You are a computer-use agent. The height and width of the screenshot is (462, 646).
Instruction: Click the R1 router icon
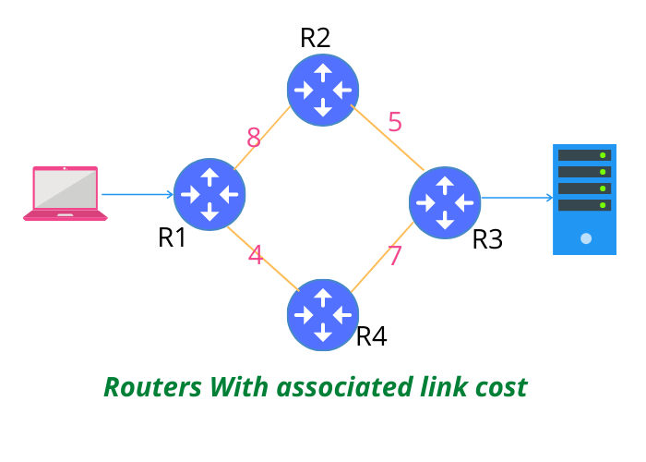[209, 194]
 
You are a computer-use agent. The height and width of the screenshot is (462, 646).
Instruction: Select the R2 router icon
[322, 90]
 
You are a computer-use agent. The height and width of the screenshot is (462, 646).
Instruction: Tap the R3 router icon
[446, 202]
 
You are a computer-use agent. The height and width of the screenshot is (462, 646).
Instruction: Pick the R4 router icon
[322, 315]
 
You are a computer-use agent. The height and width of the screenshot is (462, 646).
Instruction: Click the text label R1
[173, 238]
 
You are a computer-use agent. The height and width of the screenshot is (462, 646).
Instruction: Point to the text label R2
[316, 38]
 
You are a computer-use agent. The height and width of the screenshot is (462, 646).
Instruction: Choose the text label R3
[487, 240]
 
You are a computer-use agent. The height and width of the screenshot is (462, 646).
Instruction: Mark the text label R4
[371, 337]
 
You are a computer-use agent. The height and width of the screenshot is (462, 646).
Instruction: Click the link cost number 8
[254, 139]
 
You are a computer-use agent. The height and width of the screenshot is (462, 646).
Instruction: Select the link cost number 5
[395, 122]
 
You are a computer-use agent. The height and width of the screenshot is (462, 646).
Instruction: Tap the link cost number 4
[256, 255]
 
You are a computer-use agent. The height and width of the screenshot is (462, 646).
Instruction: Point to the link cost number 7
[395, 256]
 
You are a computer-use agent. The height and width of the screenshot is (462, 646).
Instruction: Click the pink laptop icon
[66, 193]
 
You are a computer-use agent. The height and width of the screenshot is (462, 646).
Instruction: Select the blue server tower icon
[584, 199]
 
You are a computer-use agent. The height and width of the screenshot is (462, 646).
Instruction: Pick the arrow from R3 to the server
[516, 198]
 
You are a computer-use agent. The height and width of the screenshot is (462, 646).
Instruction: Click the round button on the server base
[585, 238]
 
